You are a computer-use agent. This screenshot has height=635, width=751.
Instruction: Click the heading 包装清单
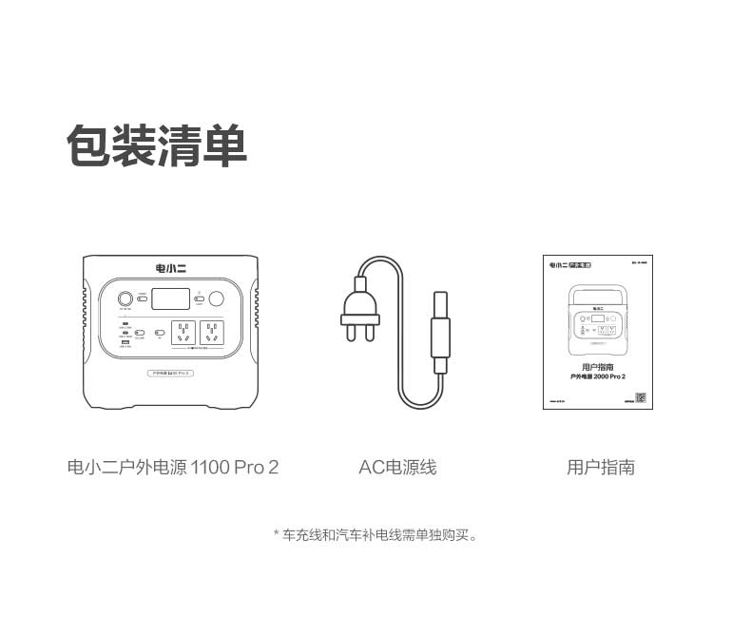tap(157, 146)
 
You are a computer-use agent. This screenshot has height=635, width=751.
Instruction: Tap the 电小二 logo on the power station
tap(171, 267)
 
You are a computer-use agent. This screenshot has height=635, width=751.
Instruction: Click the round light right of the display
tap(217, 298)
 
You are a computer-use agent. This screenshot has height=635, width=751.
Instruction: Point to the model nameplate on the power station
tap(171, 375)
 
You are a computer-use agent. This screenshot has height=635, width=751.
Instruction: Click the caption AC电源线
tap(397, 467)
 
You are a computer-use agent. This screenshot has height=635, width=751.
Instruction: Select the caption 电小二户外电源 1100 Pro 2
tap(173, 467)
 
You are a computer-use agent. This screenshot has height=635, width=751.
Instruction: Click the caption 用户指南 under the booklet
tap(600, 467)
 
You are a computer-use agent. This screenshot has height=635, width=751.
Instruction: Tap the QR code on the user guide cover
tap(640, 398)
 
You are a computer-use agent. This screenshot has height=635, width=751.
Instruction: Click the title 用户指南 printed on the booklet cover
tap(597, 366)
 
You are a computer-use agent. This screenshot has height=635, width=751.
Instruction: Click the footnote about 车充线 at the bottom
tap(375, 535)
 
